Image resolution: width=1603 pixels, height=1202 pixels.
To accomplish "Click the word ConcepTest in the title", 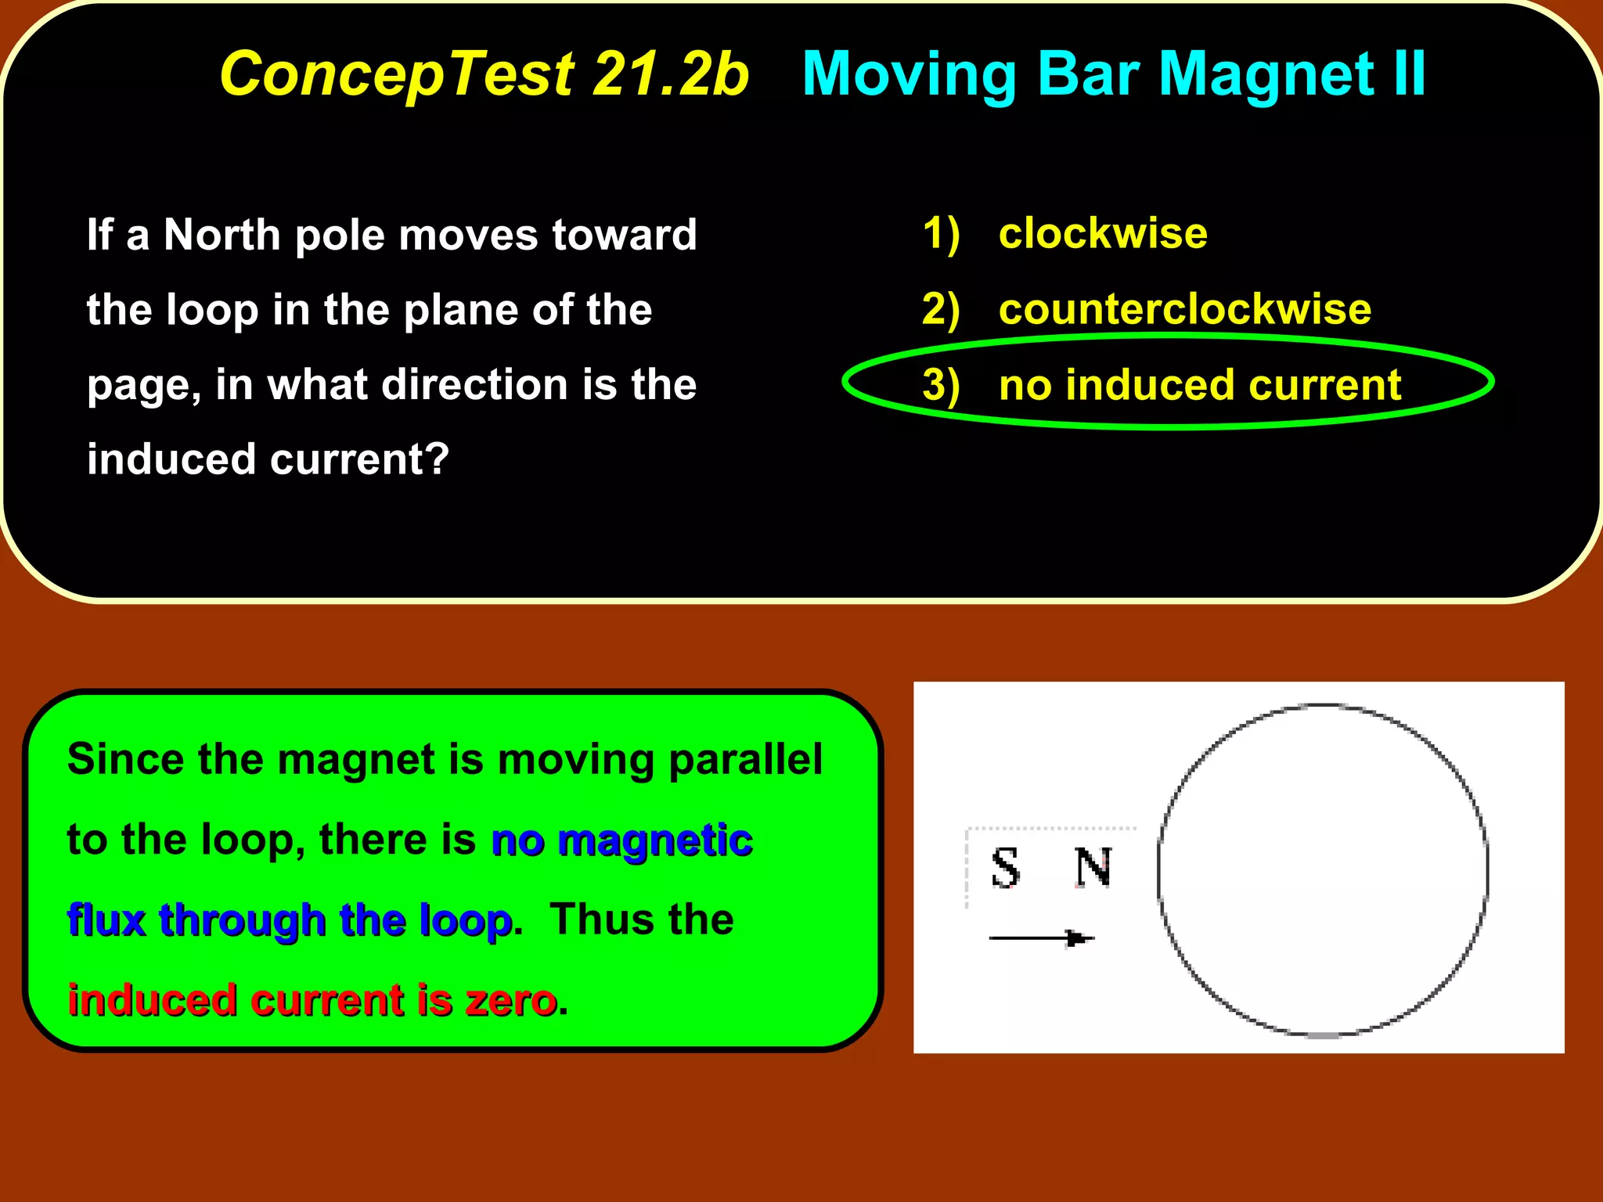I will (x=397, y=74).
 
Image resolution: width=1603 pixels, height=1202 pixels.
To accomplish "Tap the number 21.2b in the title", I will (x=670, y=74).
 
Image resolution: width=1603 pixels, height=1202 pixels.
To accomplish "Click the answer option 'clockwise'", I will (x=1103, y=233).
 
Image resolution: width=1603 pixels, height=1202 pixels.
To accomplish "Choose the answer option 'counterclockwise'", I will (x=1185, y=308).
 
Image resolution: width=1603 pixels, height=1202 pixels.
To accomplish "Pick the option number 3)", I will (x=941, y=385).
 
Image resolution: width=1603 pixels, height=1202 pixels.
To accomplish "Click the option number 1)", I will (x=941, y=233).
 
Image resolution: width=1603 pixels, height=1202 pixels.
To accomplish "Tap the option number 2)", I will (x=941, y=308).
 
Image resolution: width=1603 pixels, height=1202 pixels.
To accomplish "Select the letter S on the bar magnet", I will (x=1006, y=868).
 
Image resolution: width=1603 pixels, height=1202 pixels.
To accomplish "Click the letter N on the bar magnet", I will (x=1093, y=868).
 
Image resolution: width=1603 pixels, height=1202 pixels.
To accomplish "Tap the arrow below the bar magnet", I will (x=1041, y=937).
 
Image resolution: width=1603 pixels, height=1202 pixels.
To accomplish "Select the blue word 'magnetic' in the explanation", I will (x=656, y=841).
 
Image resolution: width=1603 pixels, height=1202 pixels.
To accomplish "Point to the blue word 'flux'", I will (x=106, y=919).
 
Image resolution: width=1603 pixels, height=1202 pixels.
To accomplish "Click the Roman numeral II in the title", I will (x=1410, y=74).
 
